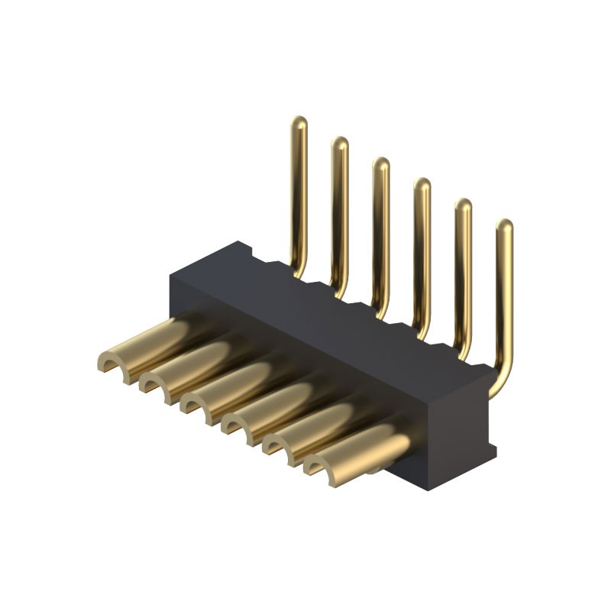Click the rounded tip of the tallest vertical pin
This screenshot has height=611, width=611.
pyautogui.click(x=299, y=122)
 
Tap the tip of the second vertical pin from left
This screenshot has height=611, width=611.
pyautogui.click(x=340, y=143)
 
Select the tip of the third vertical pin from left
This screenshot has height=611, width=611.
pyautogui.click(x=381, y=163)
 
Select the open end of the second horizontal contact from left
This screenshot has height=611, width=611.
pyautogui.click(x=157, y=380)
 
